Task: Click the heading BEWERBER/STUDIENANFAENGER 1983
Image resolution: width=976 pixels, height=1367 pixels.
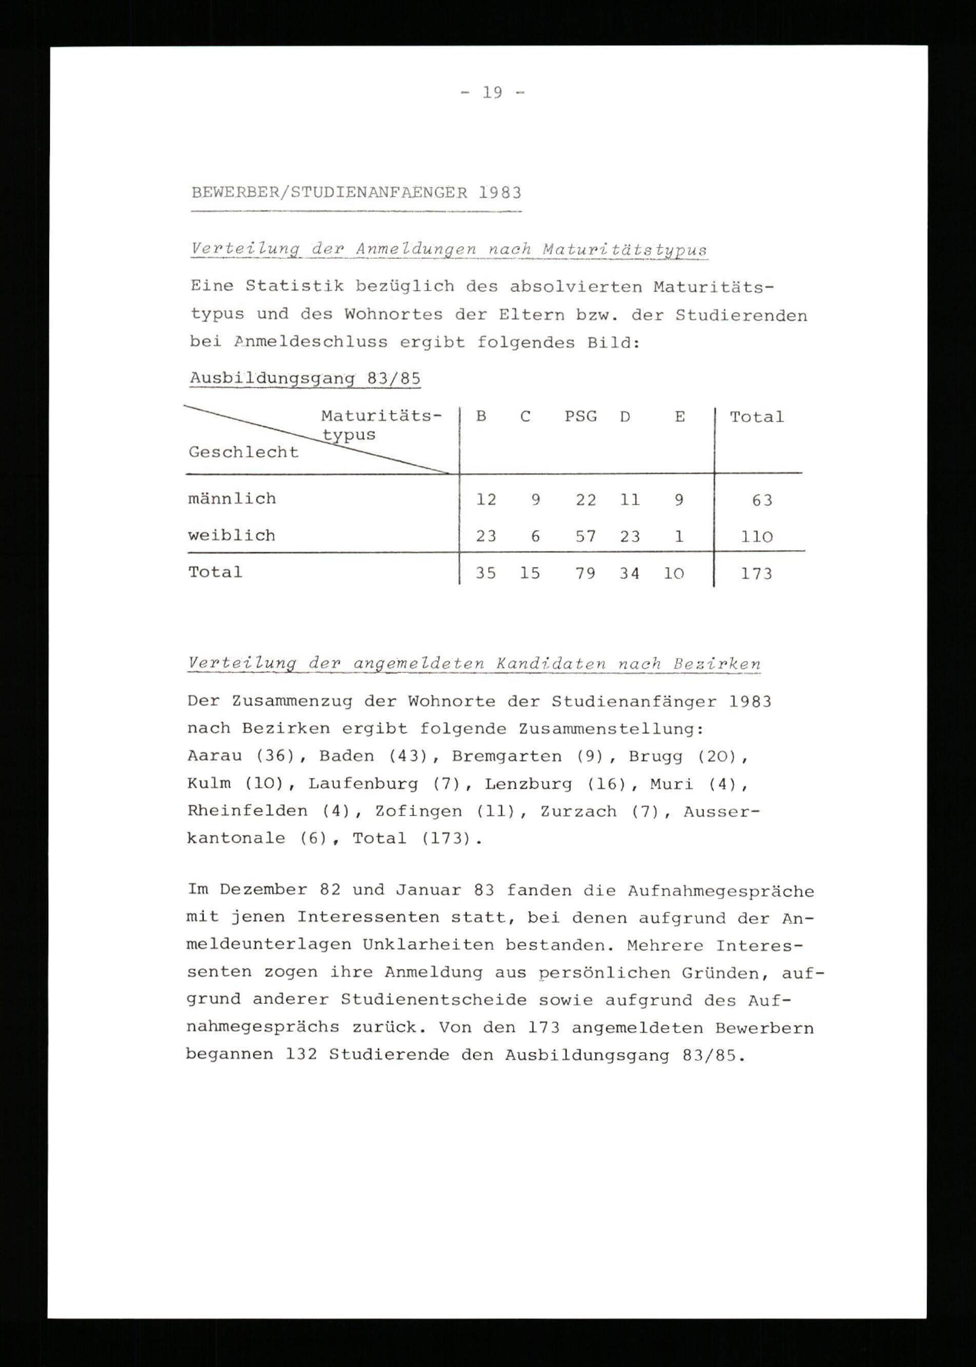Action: (356, 192)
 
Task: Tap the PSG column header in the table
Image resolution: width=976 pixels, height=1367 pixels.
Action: (581, 417)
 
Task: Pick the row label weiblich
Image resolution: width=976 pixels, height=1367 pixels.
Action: (231, 535)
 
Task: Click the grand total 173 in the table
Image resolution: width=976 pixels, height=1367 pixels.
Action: (756, 574)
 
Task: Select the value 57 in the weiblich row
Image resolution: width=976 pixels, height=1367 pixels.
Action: (586, 536)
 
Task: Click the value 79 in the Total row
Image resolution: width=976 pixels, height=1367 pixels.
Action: (586, 574)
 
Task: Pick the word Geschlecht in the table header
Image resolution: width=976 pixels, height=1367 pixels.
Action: (244, 452)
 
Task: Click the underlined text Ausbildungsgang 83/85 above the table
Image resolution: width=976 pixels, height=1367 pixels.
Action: (305, 379)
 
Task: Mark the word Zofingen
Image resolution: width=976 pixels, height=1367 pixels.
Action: (418, 811)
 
